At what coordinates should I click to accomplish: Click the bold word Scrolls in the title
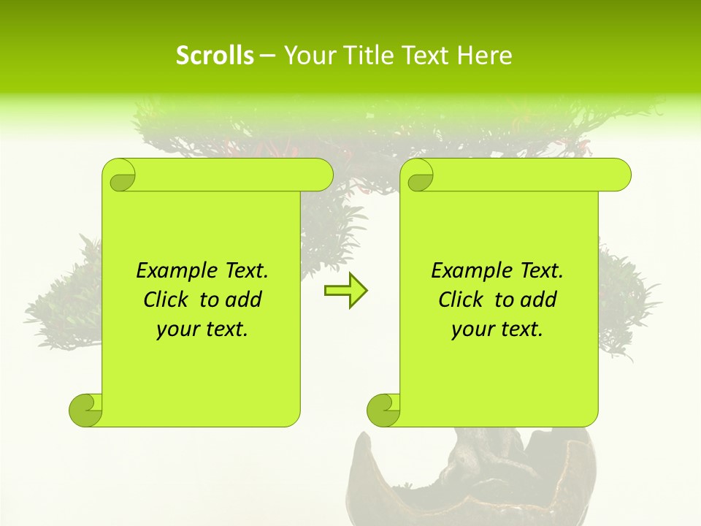pyautogui.click(x=215, y=56)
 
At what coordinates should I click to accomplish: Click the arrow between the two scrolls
pyautogui.click(x=346, y=290)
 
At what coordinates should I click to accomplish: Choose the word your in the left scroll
pyautogui.click(x=177, y=329)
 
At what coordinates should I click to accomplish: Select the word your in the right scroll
pyautogui.click(x=472, y=329)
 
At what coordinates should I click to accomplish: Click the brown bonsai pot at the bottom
pyautogui.click(x=467, y=482)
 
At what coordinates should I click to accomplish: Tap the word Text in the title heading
pyautogui.click(x=424, y=56)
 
